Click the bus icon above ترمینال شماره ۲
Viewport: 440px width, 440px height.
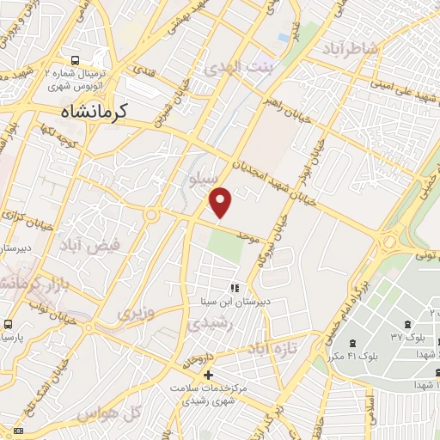[x=77, y=62]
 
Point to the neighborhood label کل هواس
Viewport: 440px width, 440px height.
[x=107, y=414]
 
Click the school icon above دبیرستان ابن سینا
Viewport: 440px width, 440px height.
[x=233, y=288]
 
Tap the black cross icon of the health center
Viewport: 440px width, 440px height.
[x=208, y=376]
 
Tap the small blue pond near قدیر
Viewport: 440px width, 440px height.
[x=283, y=38]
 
